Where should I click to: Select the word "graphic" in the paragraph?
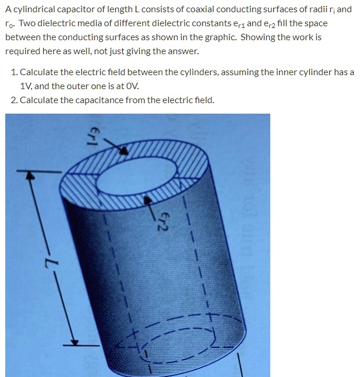[x=218, y=37]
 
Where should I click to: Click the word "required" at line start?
[x=22, y=51]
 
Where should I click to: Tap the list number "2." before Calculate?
[x=15, y=100]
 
